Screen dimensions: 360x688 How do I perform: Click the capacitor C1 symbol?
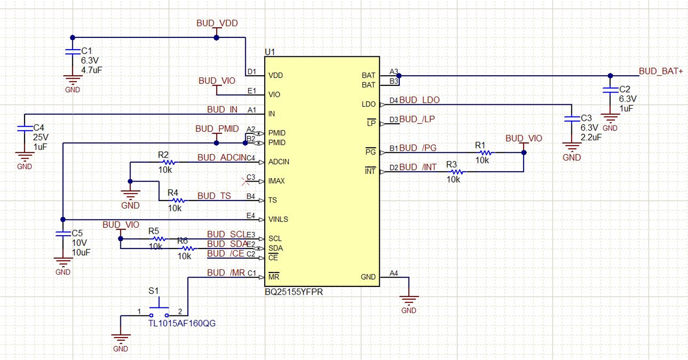[72, 52]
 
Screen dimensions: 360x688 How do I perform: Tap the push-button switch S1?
[159, 310]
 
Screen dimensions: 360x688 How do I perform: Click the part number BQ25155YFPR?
[294, 292]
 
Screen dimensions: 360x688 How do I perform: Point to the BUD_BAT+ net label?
[660, 71]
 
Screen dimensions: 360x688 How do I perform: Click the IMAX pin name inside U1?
[277, 181]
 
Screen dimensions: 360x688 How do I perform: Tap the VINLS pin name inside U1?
[278, 219]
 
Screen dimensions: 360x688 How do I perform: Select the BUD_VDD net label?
[217, 24]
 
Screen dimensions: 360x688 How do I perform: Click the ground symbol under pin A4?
[408, 299]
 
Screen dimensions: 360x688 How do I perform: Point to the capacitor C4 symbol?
[24, 129]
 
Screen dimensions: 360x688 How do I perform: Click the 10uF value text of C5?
[81, 253]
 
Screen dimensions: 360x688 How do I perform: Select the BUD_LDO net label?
[419, 100]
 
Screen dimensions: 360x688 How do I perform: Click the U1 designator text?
[270, 52]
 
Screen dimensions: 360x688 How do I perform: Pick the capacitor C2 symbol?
[610, 90]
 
